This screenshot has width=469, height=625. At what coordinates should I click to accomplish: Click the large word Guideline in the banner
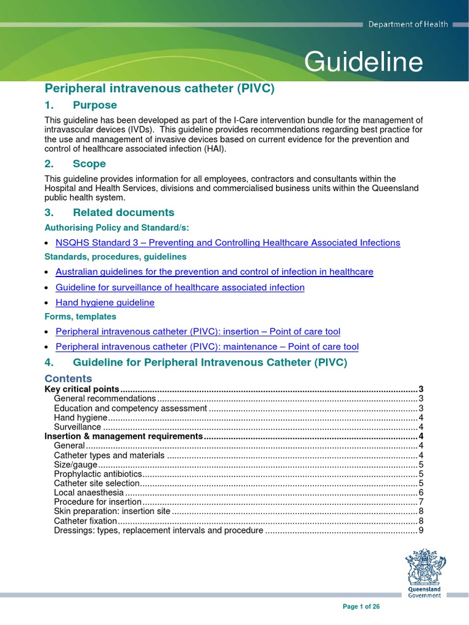pyautogui.click(x=363, y=62)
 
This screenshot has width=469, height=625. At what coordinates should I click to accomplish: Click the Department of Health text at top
pyautogui.click(x=407, y=24)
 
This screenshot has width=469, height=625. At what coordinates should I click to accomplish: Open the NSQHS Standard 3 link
pyautogui.click(x=228, y=243)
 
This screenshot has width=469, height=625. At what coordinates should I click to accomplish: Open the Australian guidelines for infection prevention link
pyautogui.click(x=214, y=272)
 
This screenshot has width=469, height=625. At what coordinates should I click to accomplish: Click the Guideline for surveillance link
pyautogui.click(x=180, y=287)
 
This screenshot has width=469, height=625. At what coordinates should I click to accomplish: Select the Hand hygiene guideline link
pyautogui.click(x=105, y=303)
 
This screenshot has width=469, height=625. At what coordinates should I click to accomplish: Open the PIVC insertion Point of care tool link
pyautogui.click(x=198, y=331)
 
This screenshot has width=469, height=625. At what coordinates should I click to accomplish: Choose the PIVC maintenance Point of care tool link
pyautogui.click(x=207, y=347)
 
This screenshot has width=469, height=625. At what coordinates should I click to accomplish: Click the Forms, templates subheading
pyautogui.click(x=81, y=317)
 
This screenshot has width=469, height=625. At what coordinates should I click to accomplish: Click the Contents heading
pyautogui.click(x=68, y=378)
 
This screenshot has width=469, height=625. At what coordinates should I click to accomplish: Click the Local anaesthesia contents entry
pyautogui.click(x=89, y=493)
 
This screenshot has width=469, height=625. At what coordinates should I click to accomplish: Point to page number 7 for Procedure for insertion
pyautogui.click(x=421, y=502)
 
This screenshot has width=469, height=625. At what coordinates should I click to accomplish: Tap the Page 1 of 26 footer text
pyautogui.click(x=362, y=607)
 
